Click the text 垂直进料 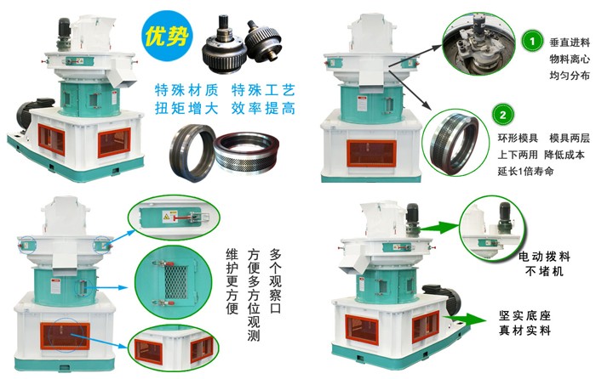pyautogui.click(x=570, y=42)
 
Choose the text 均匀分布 pyautogui.click(x=570, y=76)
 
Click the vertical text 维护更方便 pyautogui.click(x=231, y=281)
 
